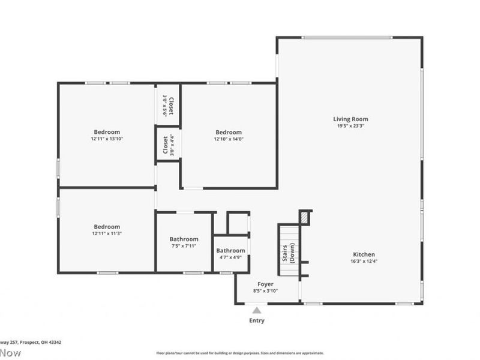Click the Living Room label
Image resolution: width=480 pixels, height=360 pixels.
pyautogui.click(x=351, y=119)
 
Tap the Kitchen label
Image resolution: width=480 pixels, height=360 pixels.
pyautogui.click(x=364, y=254)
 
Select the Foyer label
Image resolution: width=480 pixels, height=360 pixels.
pyautogui.click(x=266, y=284)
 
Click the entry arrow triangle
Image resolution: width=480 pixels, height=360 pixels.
pyautogui.click(x=257, y=310)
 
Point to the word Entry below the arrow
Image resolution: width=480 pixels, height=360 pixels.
pyautogui.click(x=257, y=320)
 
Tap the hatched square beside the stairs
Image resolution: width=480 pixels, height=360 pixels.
pyautogui.click(x=305, y=217)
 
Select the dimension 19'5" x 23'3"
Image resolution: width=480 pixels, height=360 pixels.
pyautogui.click(x=351, y=127)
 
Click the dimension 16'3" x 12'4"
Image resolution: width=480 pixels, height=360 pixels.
pyautogui.click(x=364, y=261)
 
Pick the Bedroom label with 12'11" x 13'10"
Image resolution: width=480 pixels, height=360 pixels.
pyautogui.click(x=107, y=132)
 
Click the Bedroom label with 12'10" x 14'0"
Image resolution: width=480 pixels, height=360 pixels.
pyautogui.click(x=229, y=132)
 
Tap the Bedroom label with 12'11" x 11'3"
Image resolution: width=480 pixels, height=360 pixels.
pyautogui.click(x=107, y=226)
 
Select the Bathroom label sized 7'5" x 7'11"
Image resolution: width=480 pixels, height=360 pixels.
pyautogui.click(x=184, y=238)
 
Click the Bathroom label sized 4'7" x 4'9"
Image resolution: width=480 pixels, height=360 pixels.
pyautogui.click(x=230, y=250)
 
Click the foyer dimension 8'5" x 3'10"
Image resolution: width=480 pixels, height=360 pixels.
pyautogui.click(x=266, y=291)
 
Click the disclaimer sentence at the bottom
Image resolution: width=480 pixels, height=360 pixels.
pyautogui.click(x=240, y=353)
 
